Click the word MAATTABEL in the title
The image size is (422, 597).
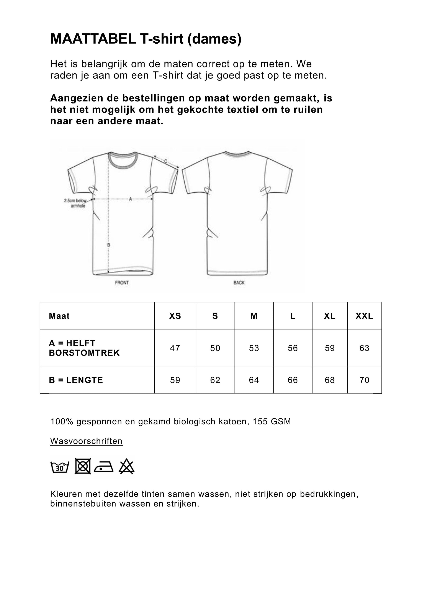(x=93, y=39)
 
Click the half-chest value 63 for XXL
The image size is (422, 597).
(x=364, y=348)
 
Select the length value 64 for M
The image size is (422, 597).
(x=254, y=380)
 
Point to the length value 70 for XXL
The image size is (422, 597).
(x=364, y=380)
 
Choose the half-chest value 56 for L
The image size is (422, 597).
(x=293, y=348)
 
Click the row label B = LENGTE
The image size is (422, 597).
(x=76, y=380)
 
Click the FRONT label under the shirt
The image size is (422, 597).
(x=122, y=283)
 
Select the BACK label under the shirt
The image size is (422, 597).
(x=239, y=283)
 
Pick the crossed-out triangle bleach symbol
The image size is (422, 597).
(x=127, y=467)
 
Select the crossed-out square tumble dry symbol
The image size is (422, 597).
(x=83, y=466)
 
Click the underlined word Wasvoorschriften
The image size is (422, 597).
(x=86, y=441)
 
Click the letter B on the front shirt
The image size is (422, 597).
(x=109, y=245)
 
